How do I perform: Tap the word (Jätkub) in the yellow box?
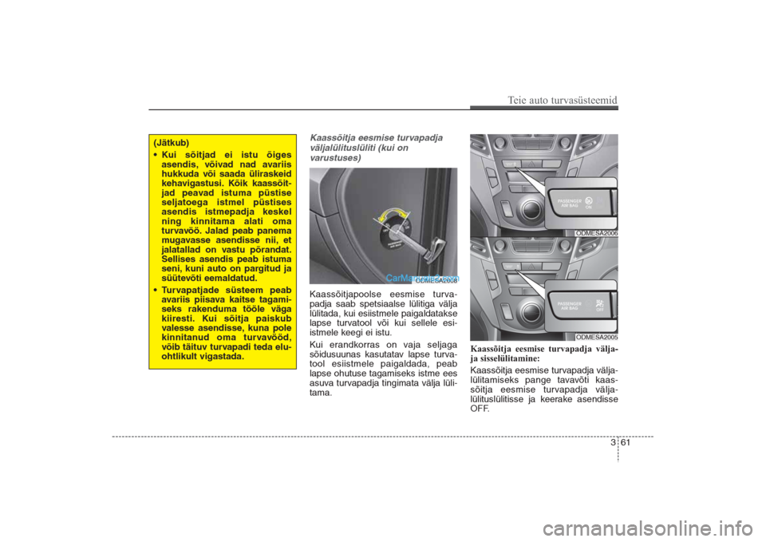[172, 142]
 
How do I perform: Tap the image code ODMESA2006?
[596, 232]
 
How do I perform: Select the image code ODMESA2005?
[596, 338]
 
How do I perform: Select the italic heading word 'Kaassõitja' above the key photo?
[333, 138]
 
